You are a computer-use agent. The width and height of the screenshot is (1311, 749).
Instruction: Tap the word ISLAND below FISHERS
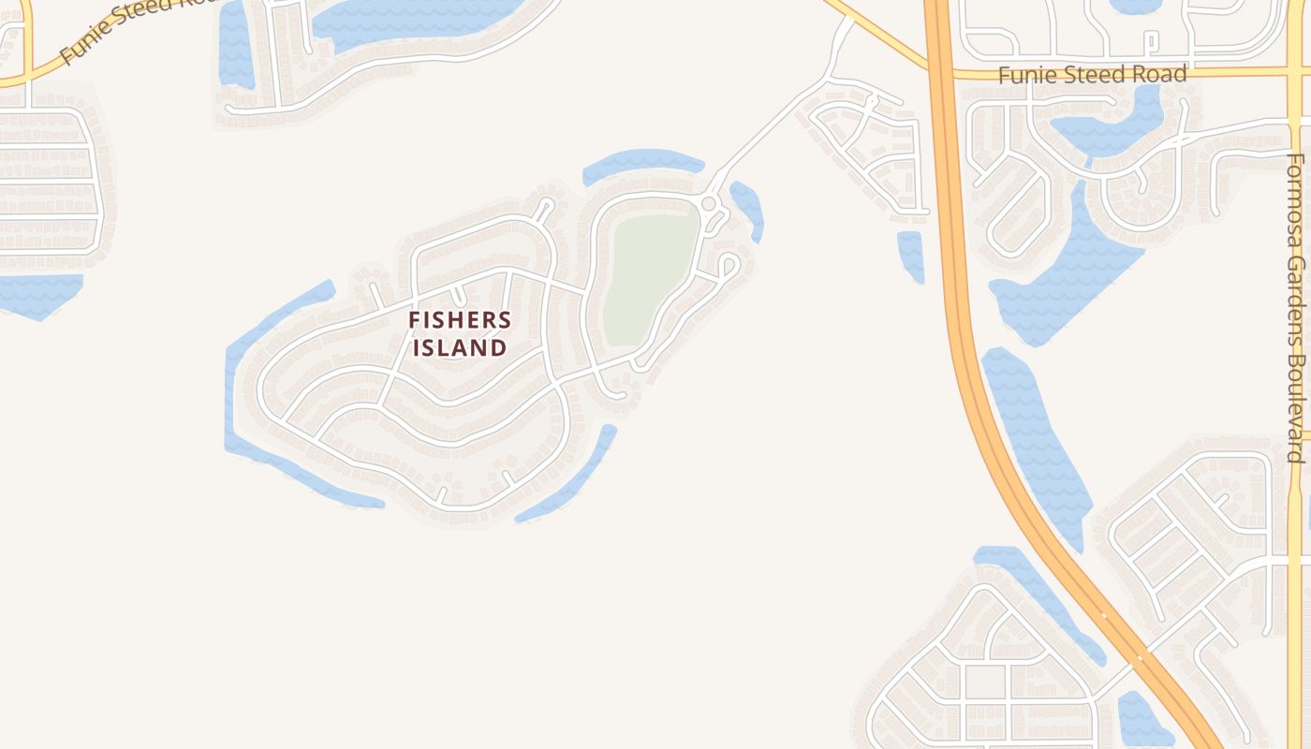pos(460,348)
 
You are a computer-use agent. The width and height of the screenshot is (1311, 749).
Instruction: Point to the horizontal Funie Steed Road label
pos(1092,74)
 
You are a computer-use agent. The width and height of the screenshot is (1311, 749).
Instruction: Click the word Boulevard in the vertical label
pos(1296,407)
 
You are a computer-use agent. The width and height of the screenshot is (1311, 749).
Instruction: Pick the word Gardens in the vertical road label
pos(1296,298)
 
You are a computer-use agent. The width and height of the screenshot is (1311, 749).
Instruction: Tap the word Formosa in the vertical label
pos(1296,201)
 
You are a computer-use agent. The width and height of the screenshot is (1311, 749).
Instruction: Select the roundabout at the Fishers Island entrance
pos(709,203)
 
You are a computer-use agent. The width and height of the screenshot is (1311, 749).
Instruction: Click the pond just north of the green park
pos(641,163)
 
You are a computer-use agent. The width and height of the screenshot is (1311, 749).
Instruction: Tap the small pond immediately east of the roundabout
pos(749,208)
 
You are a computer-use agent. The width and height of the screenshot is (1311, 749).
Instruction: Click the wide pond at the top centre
pos(412,23)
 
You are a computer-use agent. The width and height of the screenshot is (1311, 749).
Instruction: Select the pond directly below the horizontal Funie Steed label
pos(1105,126)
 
